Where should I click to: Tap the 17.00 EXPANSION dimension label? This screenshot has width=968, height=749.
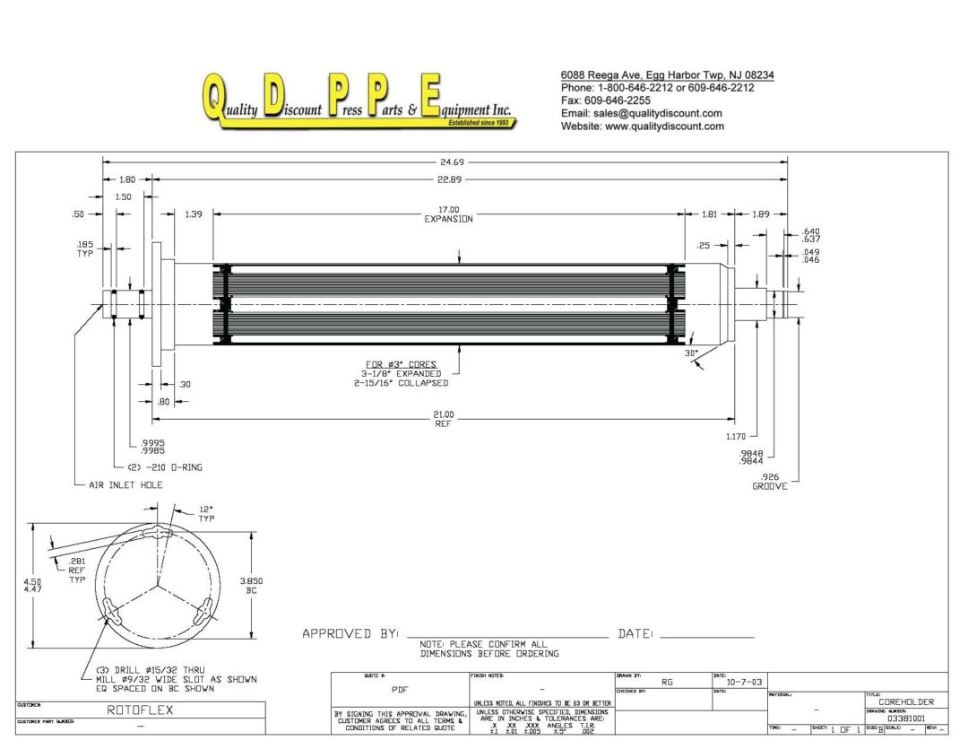[x=448, y=214]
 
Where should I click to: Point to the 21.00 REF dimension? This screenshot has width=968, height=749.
[x=444, y=419]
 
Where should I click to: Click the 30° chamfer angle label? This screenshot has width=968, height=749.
[x=691, y=353]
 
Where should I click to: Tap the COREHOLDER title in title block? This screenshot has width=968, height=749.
[x=907, y=701]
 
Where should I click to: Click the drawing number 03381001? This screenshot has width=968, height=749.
[x=906, y=718]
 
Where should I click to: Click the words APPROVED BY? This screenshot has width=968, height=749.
[x=350, y=634]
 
